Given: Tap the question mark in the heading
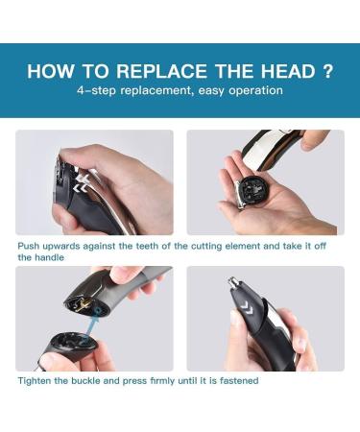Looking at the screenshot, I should click(328, 71).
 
